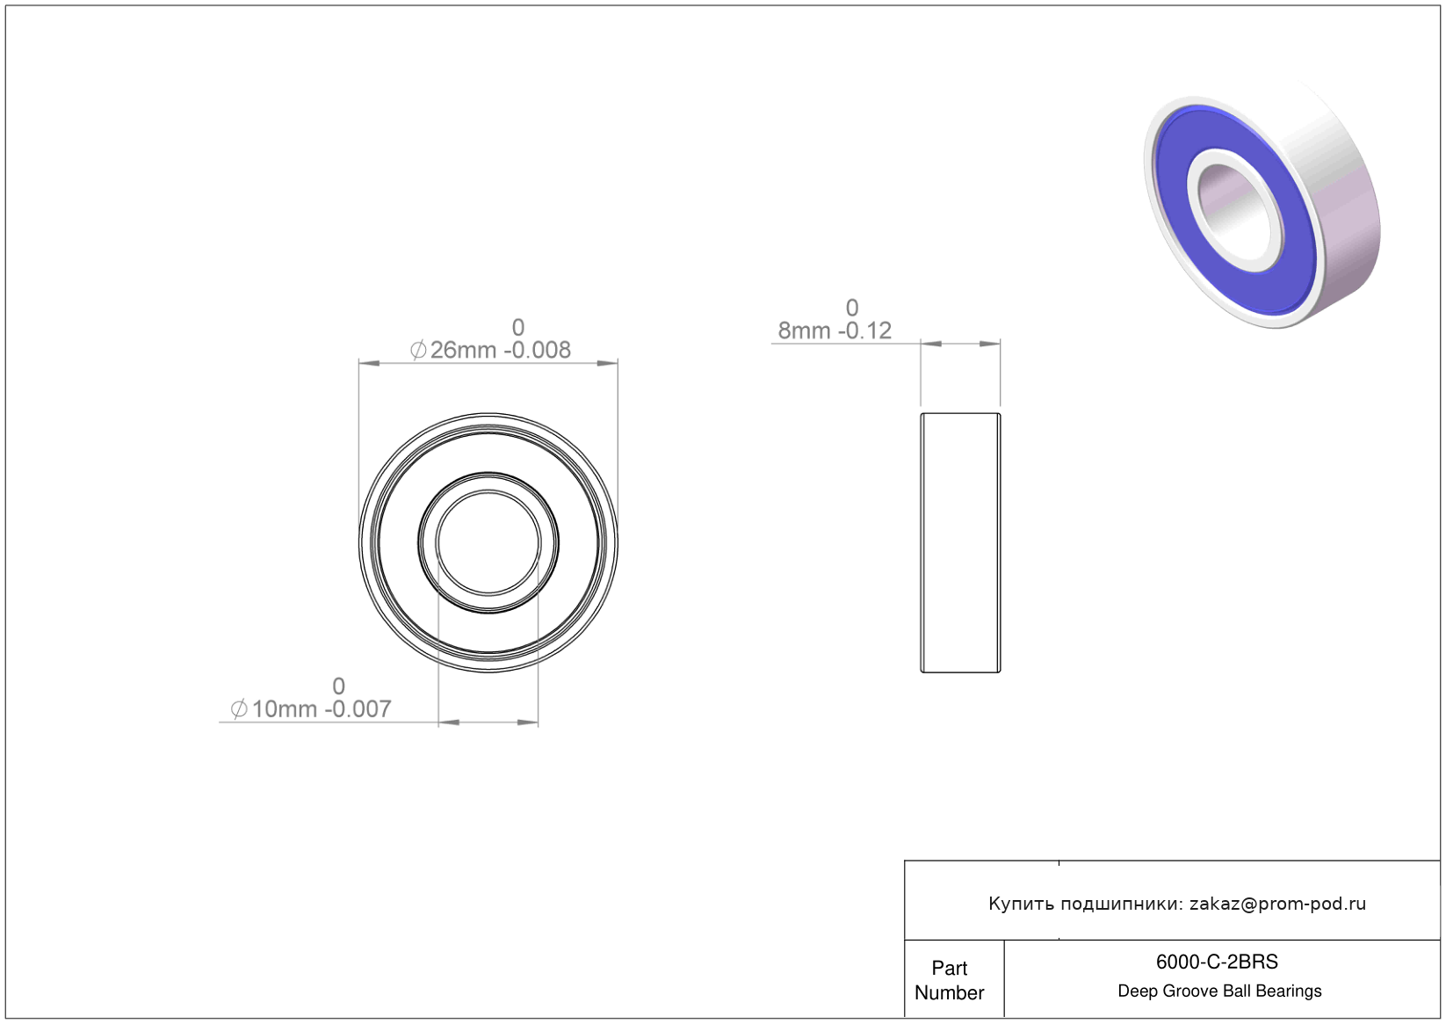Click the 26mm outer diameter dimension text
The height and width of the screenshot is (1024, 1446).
pyautogui.click(x=463, y=350)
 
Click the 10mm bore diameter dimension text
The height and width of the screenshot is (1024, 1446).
pyautogui.click(x=285, y=709)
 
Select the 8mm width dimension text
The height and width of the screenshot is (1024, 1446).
pyautogui.click(x=805, y=330)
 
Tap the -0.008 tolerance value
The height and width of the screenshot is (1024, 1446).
pyautogui.click(x=537, y=350)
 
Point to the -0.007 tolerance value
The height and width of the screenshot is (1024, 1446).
pyautogui.click(x=358, y=709)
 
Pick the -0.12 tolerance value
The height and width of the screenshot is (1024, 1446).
pyautogui.click(x=865, y=330)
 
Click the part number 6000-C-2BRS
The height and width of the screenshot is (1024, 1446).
pyautogui.click(x=1216, y=962)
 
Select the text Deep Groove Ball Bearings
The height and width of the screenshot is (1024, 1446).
pyautogui.click(x=1219, y=991)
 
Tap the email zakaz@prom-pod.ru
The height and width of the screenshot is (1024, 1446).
pyautogui.click(x=1277, y=904)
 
